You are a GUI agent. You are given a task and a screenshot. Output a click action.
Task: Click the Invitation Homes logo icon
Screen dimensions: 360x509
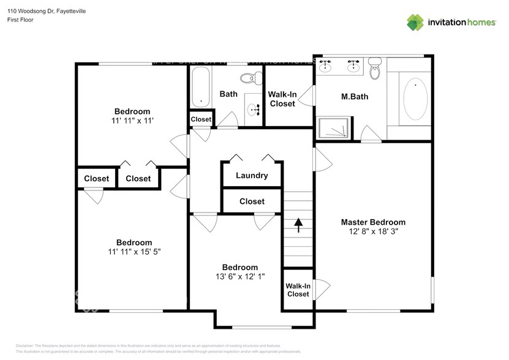[415, 22]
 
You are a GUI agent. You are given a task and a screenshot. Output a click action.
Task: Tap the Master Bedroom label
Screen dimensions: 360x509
[373, 222]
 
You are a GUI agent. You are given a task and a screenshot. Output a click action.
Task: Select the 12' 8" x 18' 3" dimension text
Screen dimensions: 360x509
[373, 232]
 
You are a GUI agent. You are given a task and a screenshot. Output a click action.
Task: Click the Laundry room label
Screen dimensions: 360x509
[252, 175]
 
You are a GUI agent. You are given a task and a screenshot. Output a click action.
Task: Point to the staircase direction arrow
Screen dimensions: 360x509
[298, 225]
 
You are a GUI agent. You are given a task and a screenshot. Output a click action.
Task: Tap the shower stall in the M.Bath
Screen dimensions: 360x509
[333, 128]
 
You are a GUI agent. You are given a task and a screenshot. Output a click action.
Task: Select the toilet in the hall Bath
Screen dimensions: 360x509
[248, 78]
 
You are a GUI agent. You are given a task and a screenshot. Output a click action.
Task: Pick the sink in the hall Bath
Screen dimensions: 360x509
[253, 110]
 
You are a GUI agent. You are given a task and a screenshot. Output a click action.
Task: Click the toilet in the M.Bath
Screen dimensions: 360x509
[375, 69]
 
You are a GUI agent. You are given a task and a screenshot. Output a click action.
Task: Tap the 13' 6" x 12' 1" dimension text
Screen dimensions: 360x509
[239, 277]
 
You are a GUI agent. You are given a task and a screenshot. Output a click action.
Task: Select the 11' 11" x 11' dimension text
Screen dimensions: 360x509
[132, 121]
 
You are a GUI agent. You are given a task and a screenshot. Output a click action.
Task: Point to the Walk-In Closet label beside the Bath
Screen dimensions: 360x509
[282, 99]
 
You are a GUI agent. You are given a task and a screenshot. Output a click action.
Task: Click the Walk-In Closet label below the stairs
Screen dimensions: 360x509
[298, 290]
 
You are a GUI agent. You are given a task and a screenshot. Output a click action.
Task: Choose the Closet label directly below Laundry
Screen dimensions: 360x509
[252, 201]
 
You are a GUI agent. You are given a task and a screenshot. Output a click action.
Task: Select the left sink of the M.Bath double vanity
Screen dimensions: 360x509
[326, 64]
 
